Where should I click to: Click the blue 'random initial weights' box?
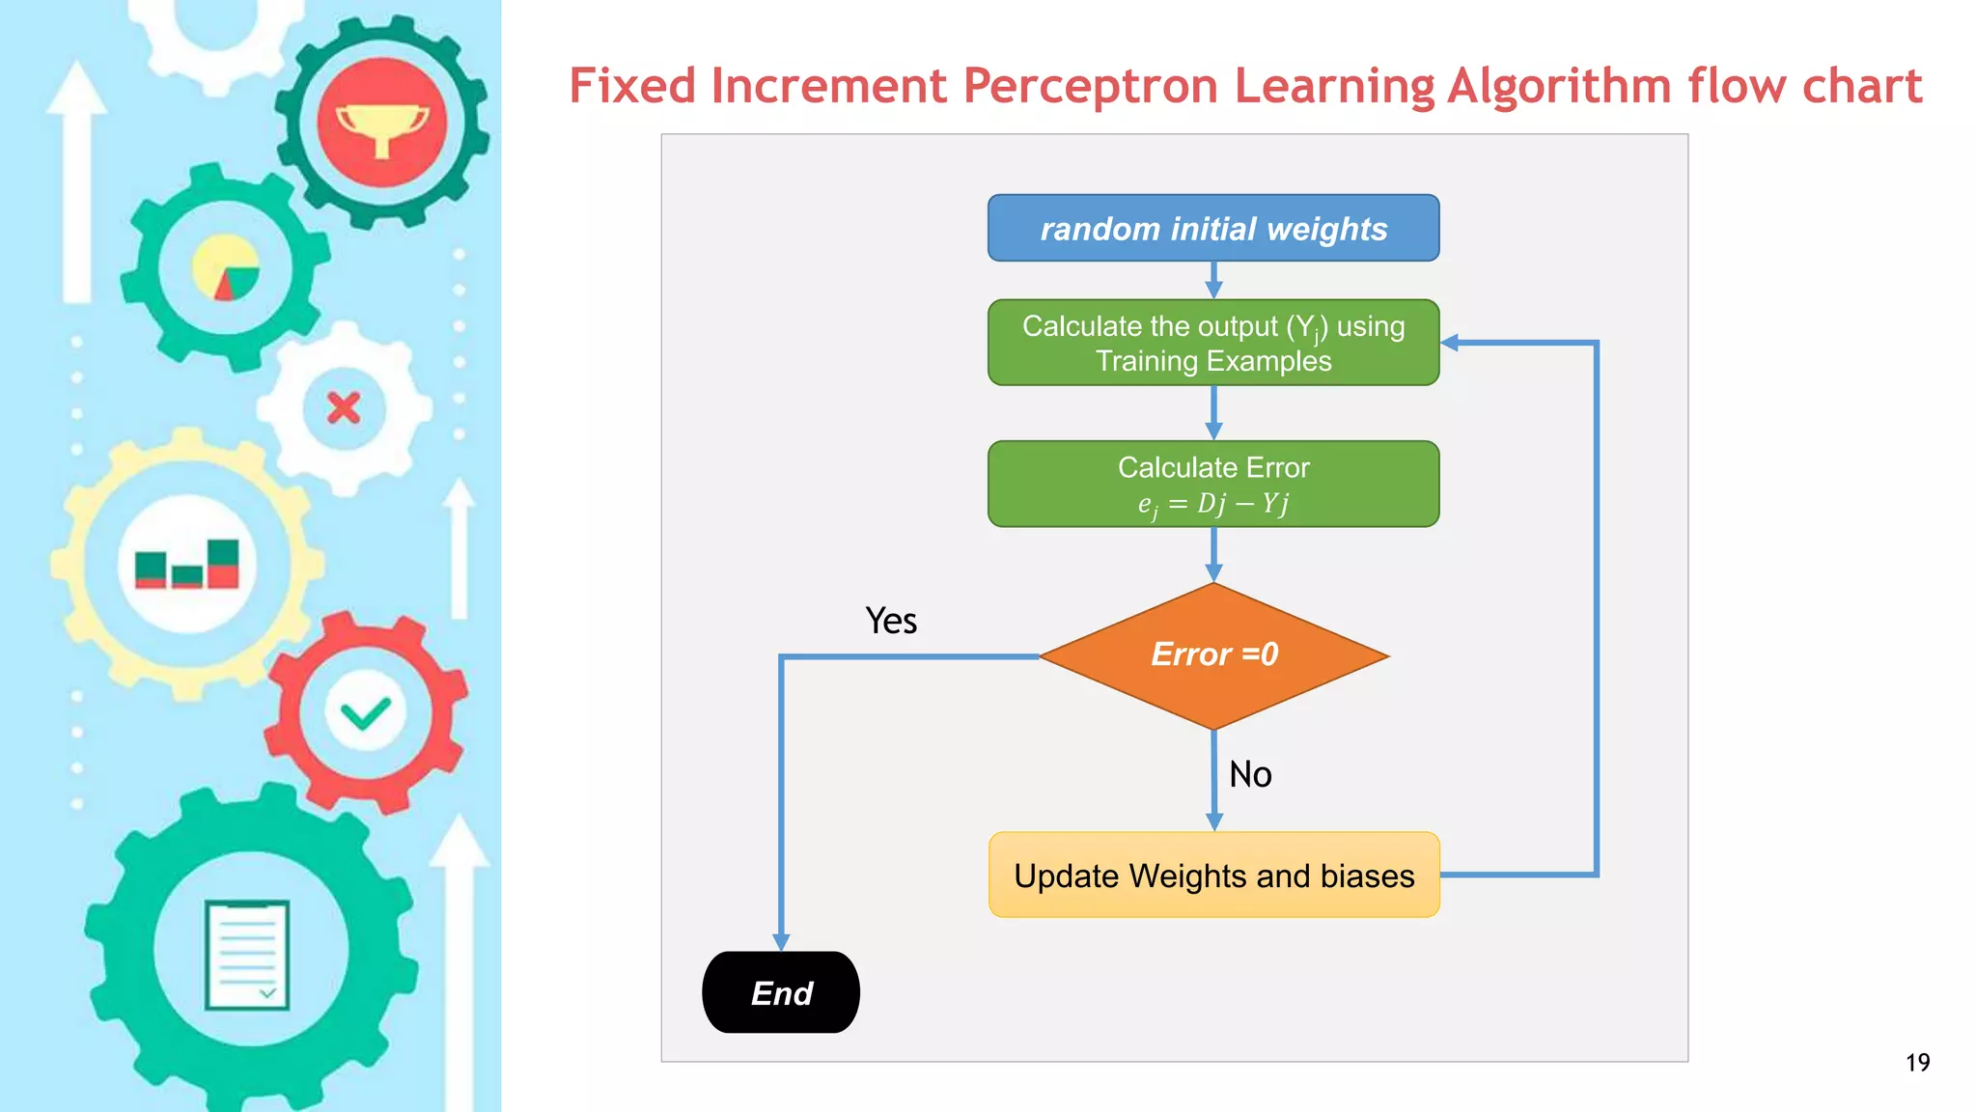[1213, 228]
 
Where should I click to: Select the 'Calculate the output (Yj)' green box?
[1213, 343]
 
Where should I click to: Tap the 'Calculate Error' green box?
[1213, 484]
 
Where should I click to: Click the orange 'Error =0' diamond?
[1213, 655]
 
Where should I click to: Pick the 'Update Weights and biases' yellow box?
[1213, 875]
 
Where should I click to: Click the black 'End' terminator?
[781, 992]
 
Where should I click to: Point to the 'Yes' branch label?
[890, 621]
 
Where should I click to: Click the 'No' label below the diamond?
[1250, 774]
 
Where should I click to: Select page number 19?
[1917, 1063]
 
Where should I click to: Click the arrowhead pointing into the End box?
[781, 941]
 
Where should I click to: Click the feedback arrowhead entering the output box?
[1450, 343]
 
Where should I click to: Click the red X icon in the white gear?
[344, 408]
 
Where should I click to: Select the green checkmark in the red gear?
[365, 714]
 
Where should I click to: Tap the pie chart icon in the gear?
[226, 268]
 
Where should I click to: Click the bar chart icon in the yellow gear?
[187, 565]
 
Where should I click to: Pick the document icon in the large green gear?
[247, 955]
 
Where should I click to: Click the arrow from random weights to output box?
[1213, 281]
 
